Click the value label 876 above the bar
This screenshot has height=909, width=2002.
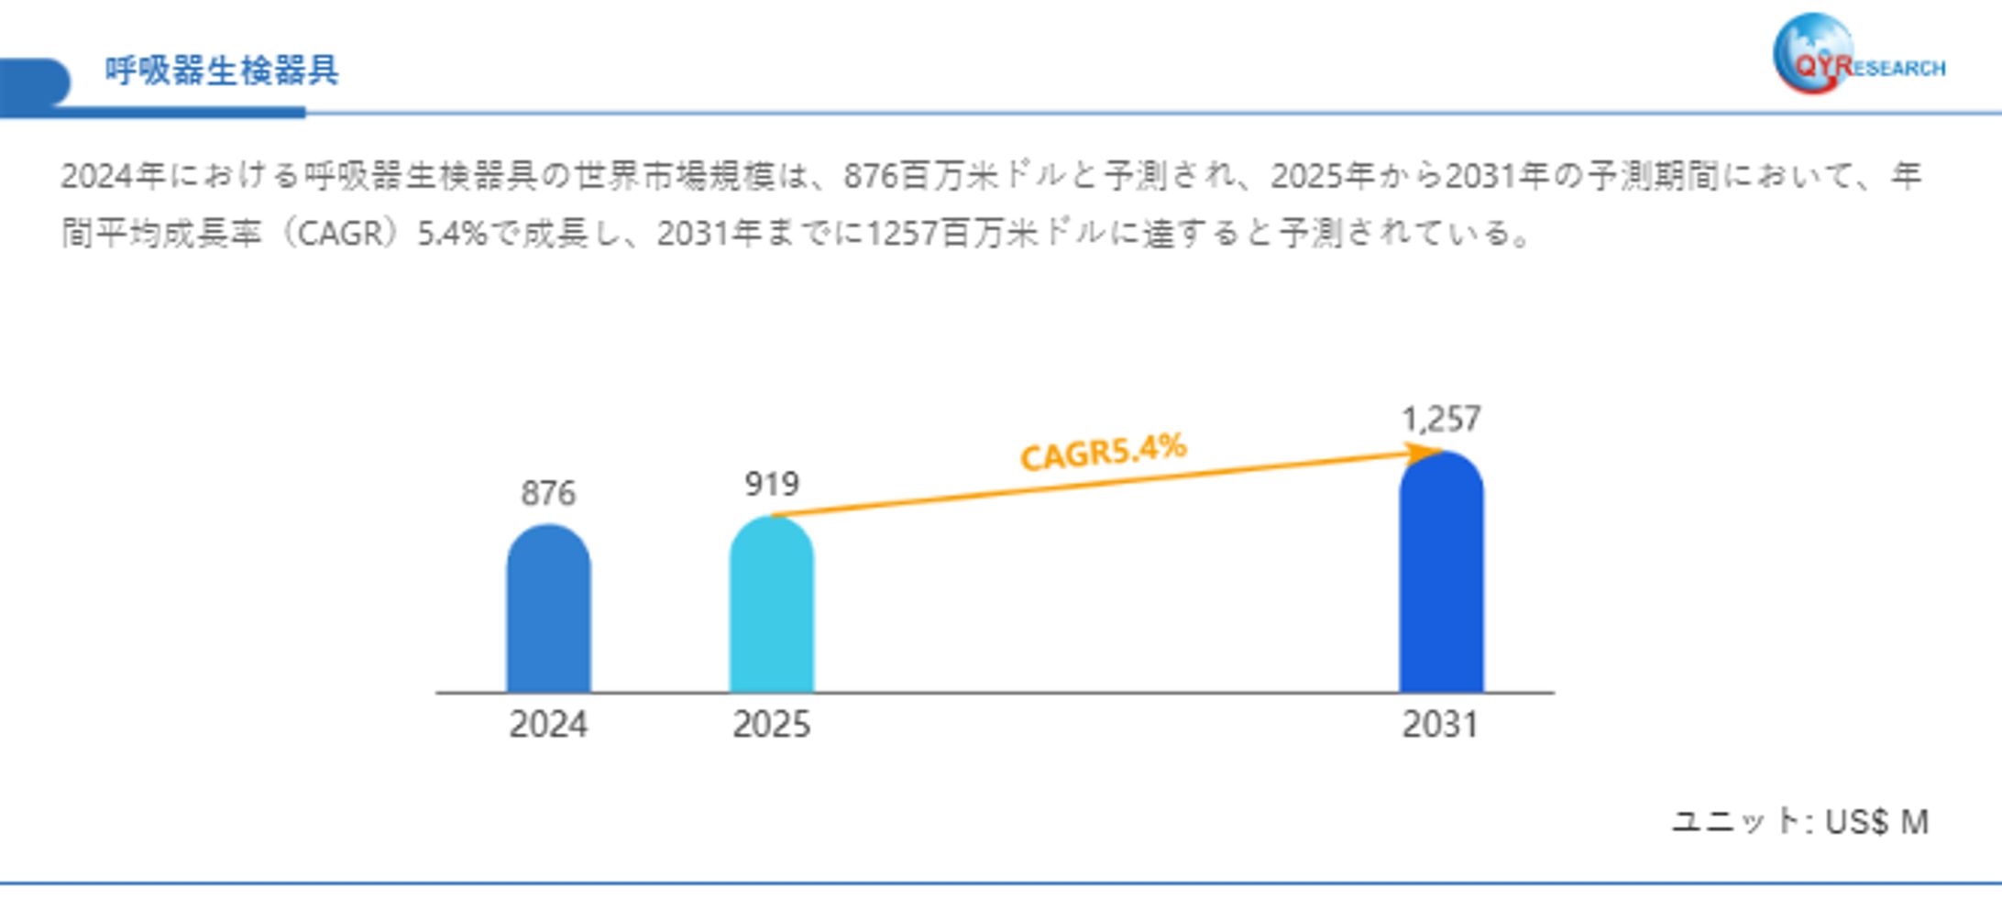548,494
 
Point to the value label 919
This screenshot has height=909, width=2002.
772,484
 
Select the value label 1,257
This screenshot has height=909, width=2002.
1441,420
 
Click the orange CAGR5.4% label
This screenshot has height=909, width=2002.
1103,452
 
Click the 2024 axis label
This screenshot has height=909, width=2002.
548,725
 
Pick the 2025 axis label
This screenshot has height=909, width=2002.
771,725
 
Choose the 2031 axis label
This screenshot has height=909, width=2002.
1440,725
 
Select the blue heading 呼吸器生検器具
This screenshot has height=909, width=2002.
221,71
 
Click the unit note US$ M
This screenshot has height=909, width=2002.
1876,822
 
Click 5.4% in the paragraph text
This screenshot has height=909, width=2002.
451,235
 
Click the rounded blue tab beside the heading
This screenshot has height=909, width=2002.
35,82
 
